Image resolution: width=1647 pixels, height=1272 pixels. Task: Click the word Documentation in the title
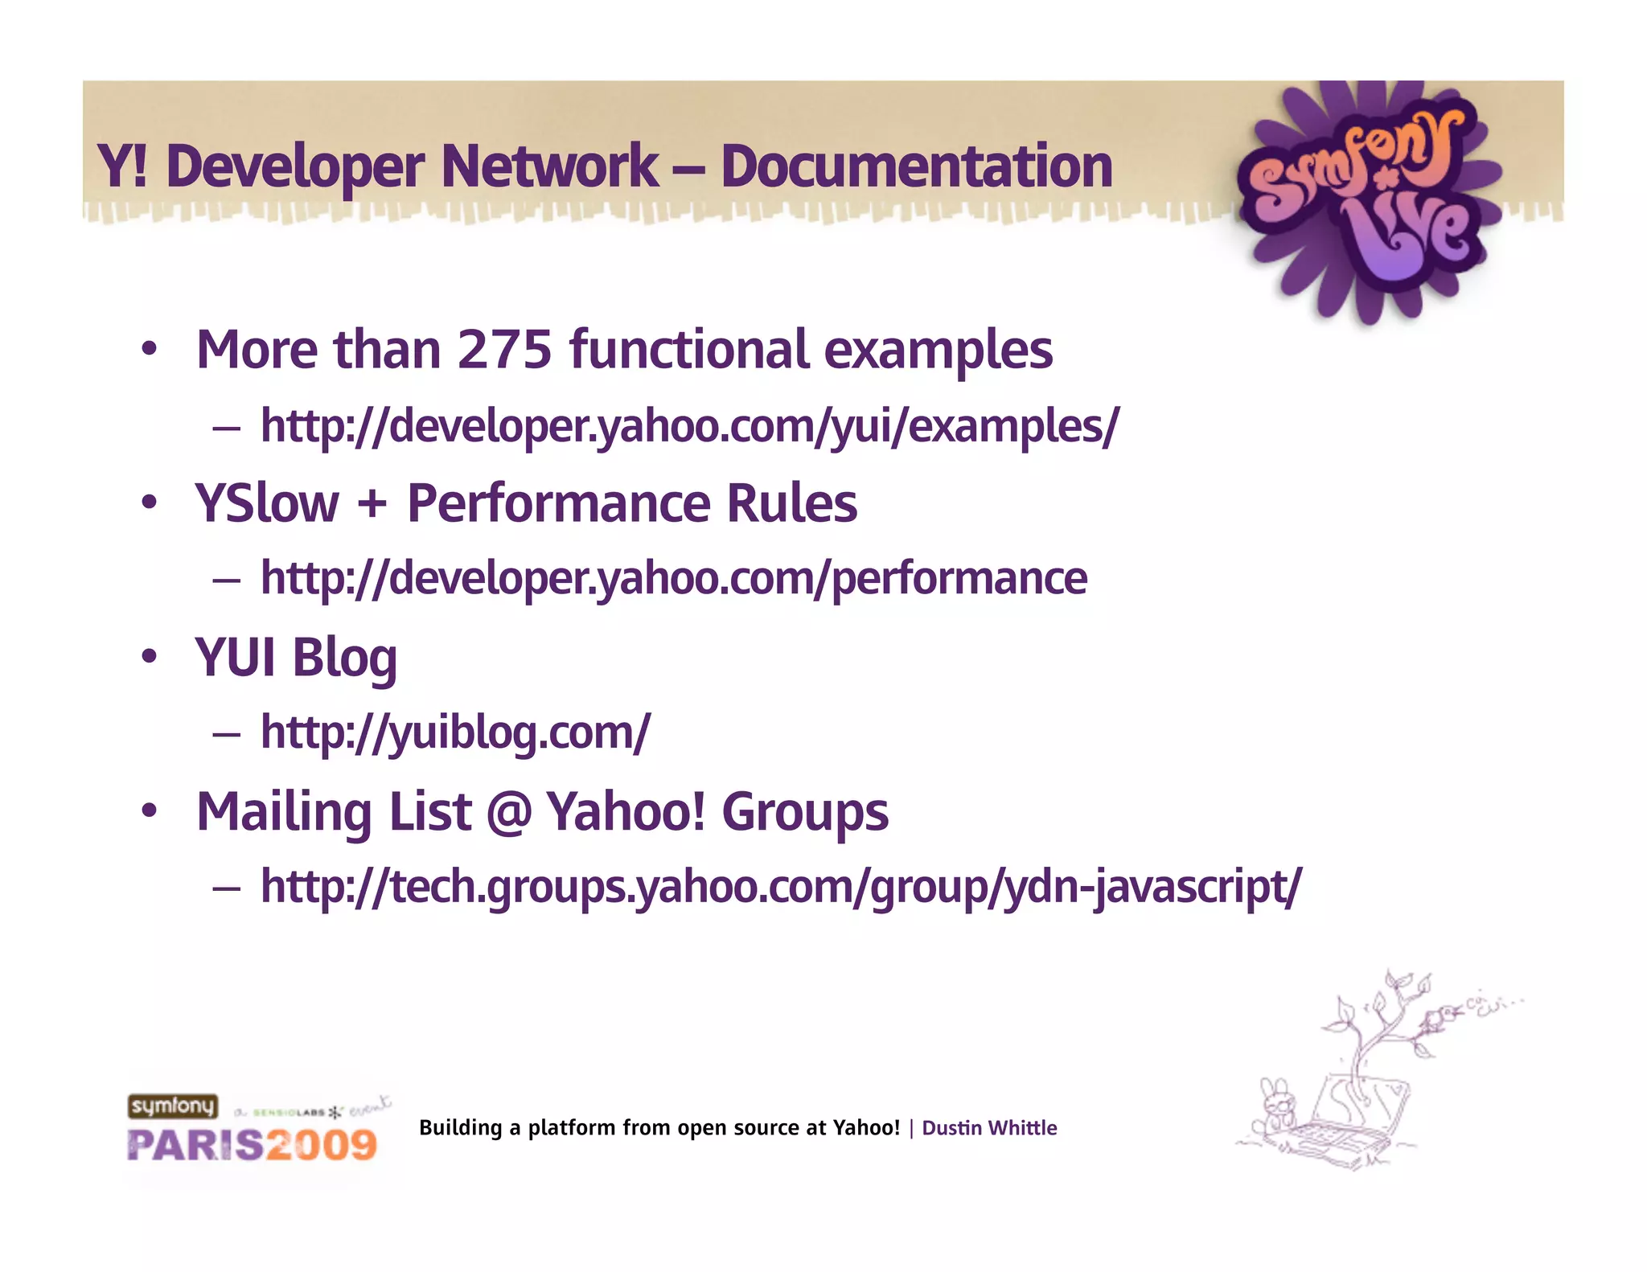click(x=916, y=166)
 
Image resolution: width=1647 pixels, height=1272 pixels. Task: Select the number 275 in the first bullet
click(x=504, y=351)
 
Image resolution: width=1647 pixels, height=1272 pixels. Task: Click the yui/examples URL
click(x=689, y=425)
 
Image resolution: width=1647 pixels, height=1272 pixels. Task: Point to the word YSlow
click(x=267, y=504)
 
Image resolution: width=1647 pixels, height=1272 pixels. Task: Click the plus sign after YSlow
click(x=372, y=504)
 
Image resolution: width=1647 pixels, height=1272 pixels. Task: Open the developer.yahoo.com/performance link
click(x=674, y=578)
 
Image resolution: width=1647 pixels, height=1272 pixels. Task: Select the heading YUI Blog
click(x=296, y=659)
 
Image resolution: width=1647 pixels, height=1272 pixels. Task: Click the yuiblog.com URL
click(x=455, y=732)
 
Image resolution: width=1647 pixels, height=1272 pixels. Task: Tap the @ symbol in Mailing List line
click(x=508, y=812)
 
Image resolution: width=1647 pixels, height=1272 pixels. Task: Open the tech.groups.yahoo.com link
click(x=780, y=887)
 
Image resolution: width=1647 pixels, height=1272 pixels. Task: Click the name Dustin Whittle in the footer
click(x=989, y=1128)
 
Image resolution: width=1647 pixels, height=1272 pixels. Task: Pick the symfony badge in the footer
click(x=173, y=1106)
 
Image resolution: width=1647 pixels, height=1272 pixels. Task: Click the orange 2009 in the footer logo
click(x=322, y=1145)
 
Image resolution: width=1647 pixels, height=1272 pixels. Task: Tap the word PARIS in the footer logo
click(x=195, y=1145)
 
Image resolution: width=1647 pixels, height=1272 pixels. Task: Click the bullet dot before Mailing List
click(x=149, y=811)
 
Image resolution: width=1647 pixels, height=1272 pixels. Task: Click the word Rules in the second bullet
click(x=792, y=504)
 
